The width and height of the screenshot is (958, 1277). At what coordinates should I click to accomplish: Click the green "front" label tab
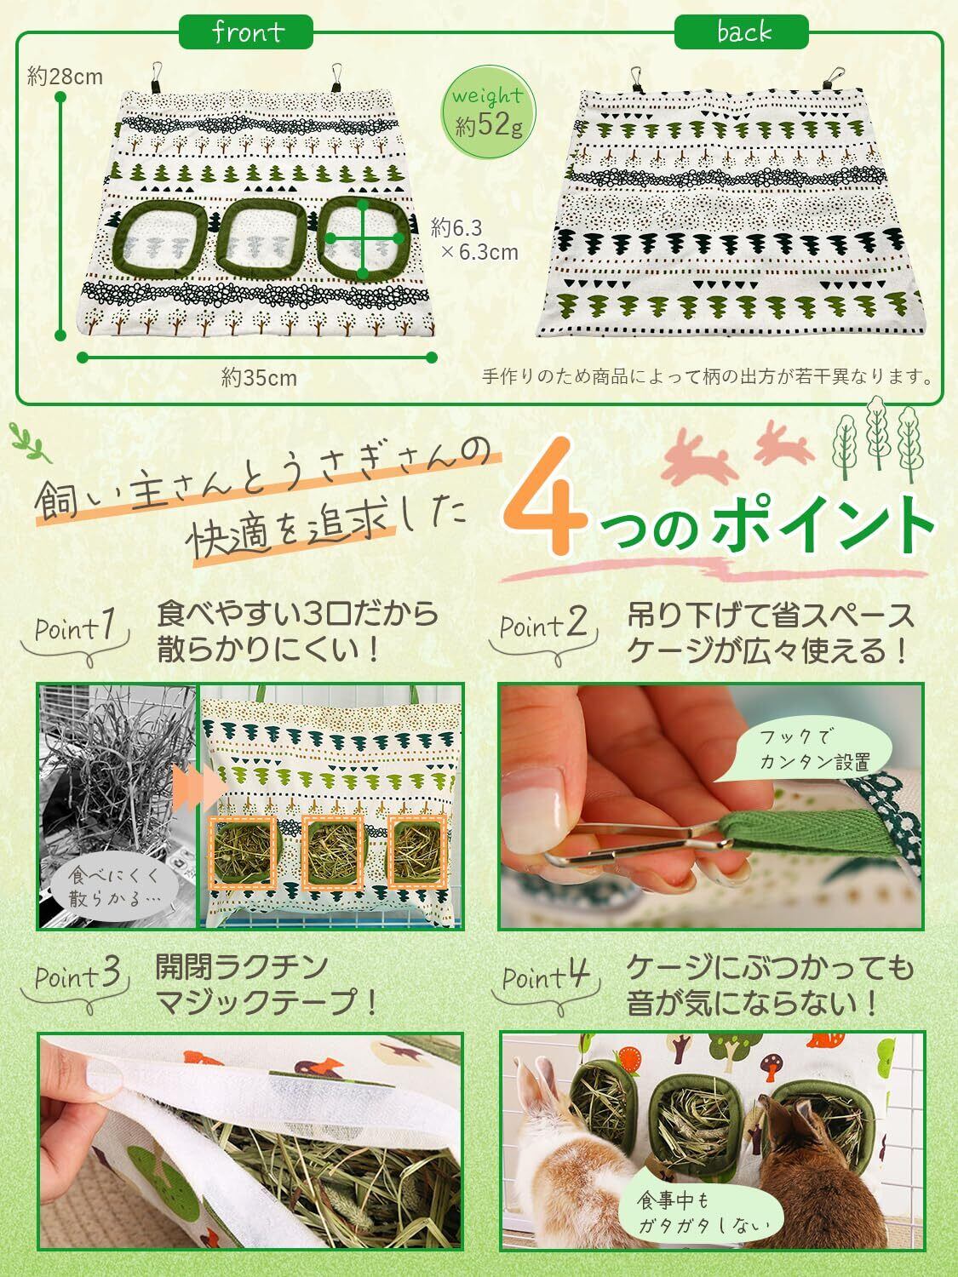(x=246, y=31)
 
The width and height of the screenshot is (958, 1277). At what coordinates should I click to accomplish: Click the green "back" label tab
(x=741, y=31)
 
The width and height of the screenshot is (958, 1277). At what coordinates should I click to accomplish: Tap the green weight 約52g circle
(x=488, y=112)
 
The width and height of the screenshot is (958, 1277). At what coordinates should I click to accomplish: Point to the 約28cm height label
(x=65, y=77)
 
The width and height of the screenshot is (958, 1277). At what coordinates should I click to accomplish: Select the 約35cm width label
(x=259, y=378)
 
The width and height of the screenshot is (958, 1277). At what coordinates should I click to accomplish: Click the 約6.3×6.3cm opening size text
(x=474, y=239)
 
